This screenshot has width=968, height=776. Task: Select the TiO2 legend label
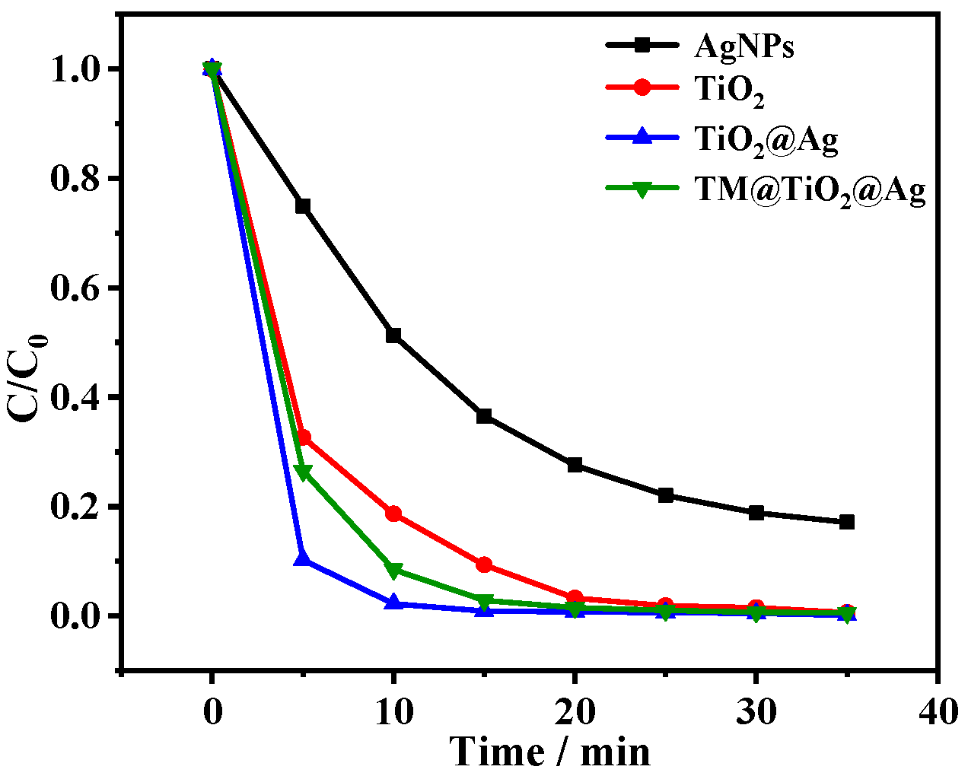pyautogui.click(x=729, y=91)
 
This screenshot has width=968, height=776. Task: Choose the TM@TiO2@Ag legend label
pyautogui.click(x=810, y=190)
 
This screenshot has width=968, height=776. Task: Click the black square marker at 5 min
pyautogui.click(x=303, y=206)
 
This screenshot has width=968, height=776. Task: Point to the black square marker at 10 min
pyautogui.click(x=393, y=336)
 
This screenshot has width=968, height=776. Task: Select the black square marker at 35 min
pyautogui.click(x=846, y=522)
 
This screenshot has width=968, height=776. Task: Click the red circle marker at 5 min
pyautogui.click(x=303, y=437)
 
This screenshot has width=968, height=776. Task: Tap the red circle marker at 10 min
pyautogui.click(x=393, y=514)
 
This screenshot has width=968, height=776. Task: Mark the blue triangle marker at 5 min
pyautogui.click(x=303, y=558)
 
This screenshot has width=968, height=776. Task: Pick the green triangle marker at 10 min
pyautogui.click(x=393, y=571)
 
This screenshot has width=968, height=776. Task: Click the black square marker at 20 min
pyautogui.click(x=575, y=465)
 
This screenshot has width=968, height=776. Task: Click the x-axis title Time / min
pyautogui.click(x=551, y=752)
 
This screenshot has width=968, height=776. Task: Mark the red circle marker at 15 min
pyautogui.click(x=484, y=565)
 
